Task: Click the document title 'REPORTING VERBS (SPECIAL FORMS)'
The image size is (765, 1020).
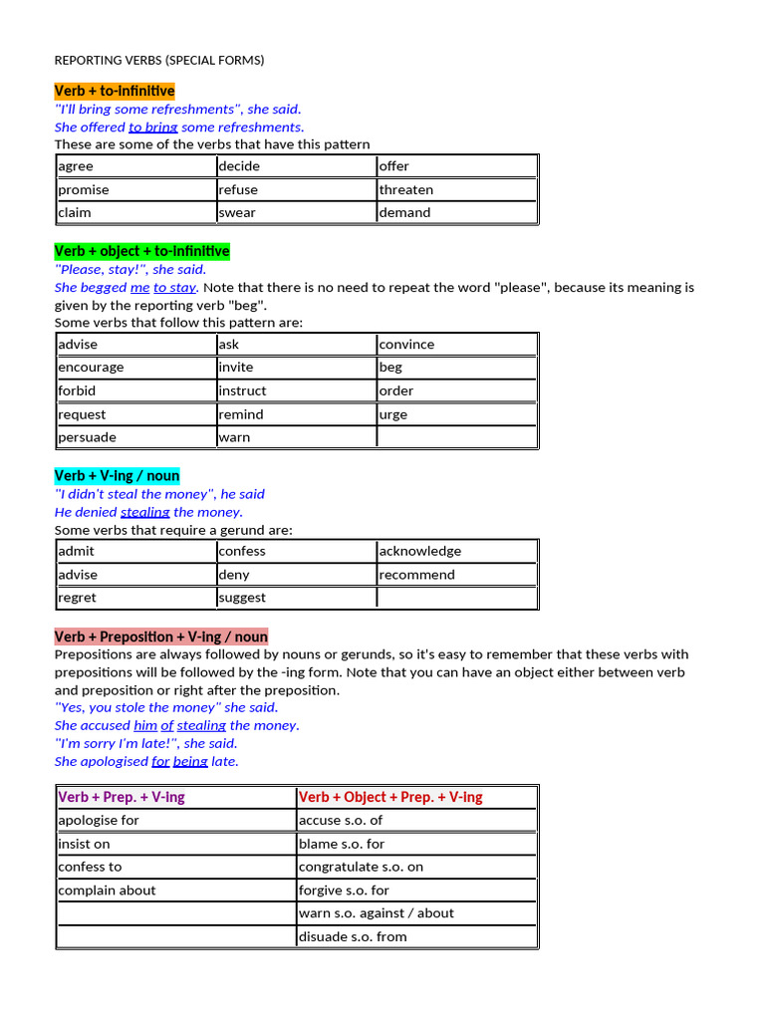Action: click(159, 60)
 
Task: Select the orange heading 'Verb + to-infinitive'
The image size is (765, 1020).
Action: click(115, 91)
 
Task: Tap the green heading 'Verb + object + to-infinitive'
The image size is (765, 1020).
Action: click(141, 251)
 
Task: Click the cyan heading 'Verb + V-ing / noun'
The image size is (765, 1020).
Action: click(117, 476)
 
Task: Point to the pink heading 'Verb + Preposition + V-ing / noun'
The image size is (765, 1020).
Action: click(161, 637)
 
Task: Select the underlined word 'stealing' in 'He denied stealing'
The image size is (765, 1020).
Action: click(145, 512)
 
